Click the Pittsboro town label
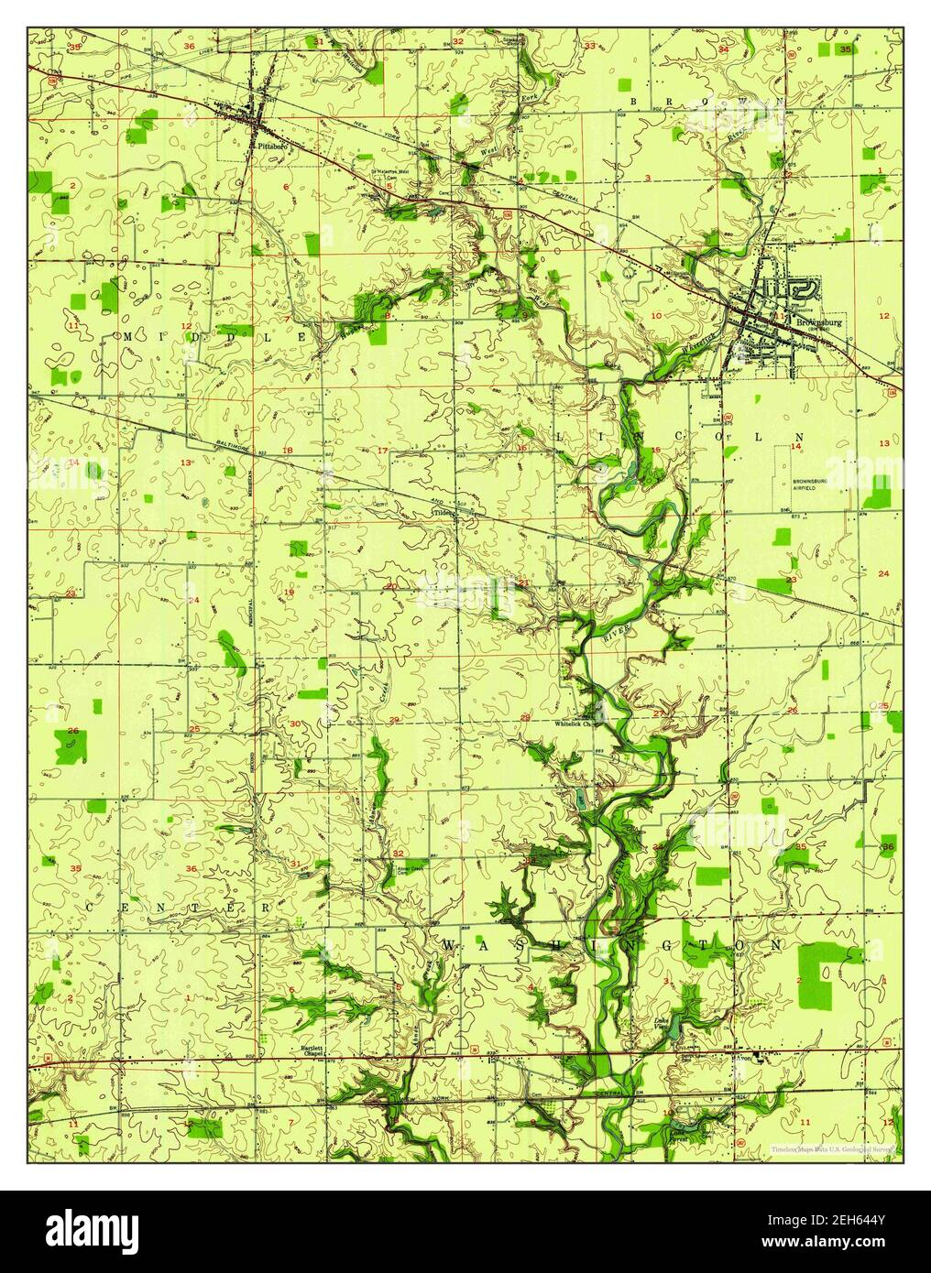(x=273, y=145)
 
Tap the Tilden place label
(x=443, y=513)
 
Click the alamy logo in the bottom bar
(x=100, y=1232)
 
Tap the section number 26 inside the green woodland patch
(x=71, y=731)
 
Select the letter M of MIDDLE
(x=127, y=337)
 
